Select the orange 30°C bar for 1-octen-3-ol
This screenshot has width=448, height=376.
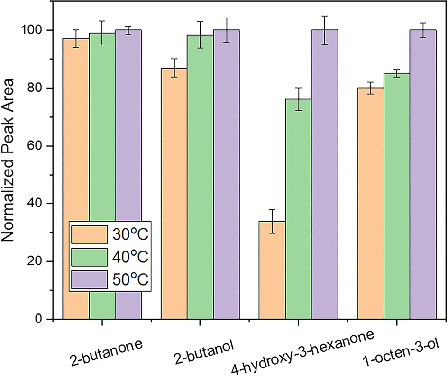[370, 203]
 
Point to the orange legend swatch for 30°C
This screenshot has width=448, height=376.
[90, 234]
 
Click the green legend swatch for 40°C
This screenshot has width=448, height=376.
[90, 258]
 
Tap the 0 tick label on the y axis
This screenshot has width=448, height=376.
[42, 319]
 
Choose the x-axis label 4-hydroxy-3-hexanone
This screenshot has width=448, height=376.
[303, 352]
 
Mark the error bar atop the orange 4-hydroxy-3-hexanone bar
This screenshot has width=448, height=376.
[272, 221]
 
